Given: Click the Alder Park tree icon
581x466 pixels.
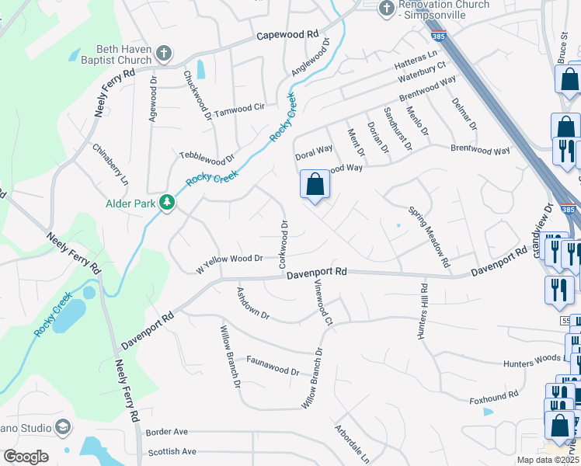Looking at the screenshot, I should click(x=166, y=203).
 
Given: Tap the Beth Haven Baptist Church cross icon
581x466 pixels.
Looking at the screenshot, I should click(x=163, y=54).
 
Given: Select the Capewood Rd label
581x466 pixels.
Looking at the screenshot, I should click(x=287, y=35).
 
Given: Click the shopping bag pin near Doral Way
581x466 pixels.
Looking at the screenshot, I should click(x=315, y=185).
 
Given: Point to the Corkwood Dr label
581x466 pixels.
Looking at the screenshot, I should click(x=284, y=244).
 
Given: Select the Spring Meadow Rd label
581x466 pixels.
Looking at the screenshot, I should click(x=428, y=237).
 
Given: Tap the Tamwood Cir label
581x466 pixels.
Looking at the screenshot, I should click(x=240, y=109).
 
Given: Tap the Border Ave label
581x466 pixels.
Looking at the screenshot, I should click(x=167, y=432).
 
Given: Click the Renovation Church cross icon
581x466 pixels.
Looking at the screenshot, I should click(x=386, y=8).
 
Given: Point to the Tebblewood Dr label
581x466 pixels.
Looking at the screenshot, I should click(x=207, y=157).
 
